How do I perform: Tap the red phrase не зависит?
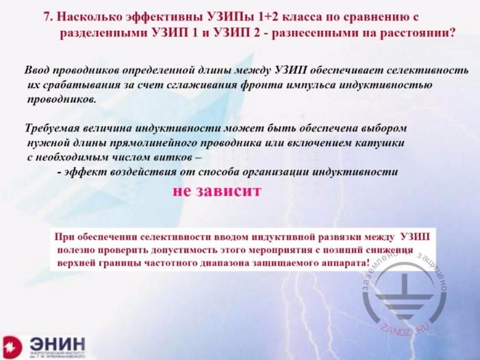(217, 191)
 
